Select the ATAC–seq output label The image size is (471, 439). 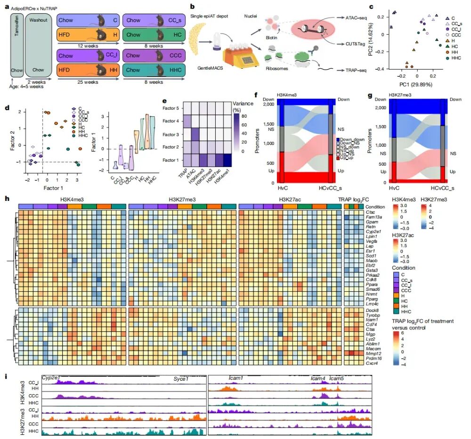[x=353, y=17]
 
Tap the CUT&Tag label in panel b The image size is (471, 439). [x=353, y=43]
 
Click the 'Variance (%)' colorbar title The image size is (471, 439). [x=243, y=106]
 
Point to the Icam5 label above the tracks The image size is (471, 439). [x=337, y=378]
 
